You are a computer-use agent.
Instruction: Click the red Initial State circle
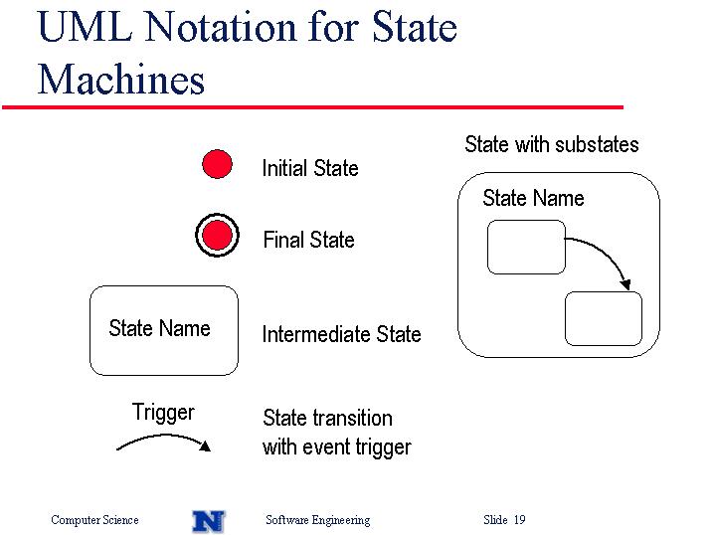(218, 164)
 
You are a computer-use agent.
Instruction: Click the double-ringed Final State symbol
(218, 236)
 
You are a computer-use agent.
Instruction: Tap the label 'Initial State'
(310, 168)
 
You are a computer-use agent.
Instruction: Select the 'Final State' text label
(308, 240)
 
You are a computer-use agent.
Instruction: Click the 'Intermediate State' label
(341, 334)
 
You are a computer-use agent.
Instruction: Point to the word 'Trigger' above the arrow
(163, 413)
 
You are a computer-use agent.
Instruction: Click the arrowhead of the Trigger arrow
(205, 446)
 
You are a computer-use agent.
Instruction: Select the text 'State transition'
(327, 418)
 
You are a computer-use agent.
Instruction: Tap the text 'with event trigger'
(337, 447)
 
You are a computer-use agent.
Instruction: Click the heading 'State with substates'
(552, 144)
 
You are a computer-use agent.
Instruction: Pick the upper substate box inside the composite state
(526, 248)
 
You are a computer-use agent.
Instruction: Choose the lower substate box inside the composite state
(604, 318)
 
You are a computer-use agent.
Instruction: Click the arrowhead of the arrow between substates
(625, 284)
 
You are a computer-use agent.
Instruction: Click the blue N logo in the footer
(209, 521)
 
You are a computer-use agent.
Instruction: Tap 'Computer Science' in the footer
(94, 519)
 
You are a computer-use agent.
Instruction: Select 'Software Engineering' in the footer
(318, 520)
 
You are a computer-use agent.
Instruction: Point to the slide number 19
(520, 519)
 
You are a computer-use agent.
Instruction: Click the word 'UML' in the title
(86, 27)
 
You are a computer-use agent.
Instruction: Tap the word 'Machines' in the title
(121, 80)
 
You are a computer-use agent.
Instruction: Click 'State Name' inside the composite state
(533, 198)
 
